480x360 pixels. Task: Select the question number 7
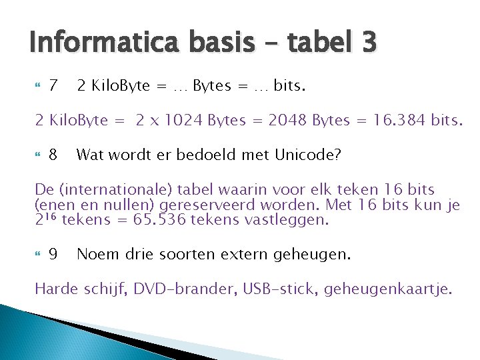pos(54,86)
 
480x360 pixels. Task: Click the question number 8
pos(54,155)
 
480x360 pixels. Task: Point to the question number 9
pos(54,254)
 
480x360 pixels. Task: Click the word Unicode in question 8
pos(309,155)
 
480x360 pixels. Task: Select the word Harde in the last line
pos(56,289)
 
